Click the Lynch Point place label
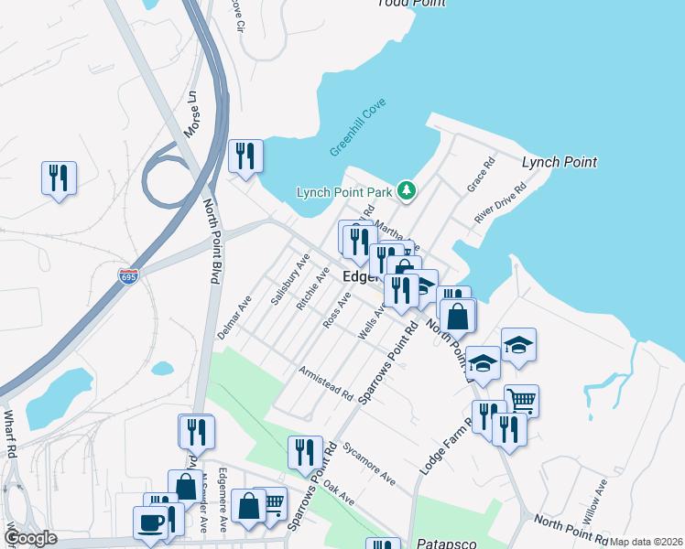tap(559, 162)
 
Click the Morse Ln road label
tap(191, 113)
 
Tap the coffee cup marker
tap(151, 522)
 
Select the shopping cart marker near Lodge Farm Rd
tap(521, 399)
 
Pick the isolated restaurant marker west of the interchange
tap(59, 178)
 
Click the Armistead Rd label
tap(326, 383)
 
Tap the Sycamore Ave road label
tap(368, 464)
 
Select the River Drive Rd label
tap(500, 203)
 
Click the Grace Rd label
tap(481, 174)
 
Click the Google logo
tap(31, 538)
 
